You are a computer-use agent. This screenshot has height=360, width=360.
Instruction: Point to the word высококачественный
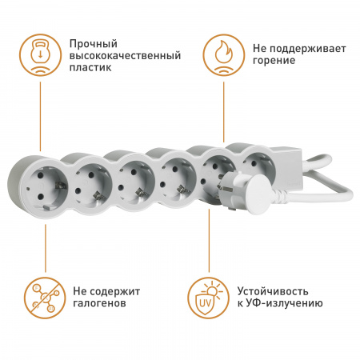[x=124, y=55]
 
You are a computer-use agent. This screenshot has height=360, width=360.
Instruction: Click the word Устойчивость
[x=272, y=291]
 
